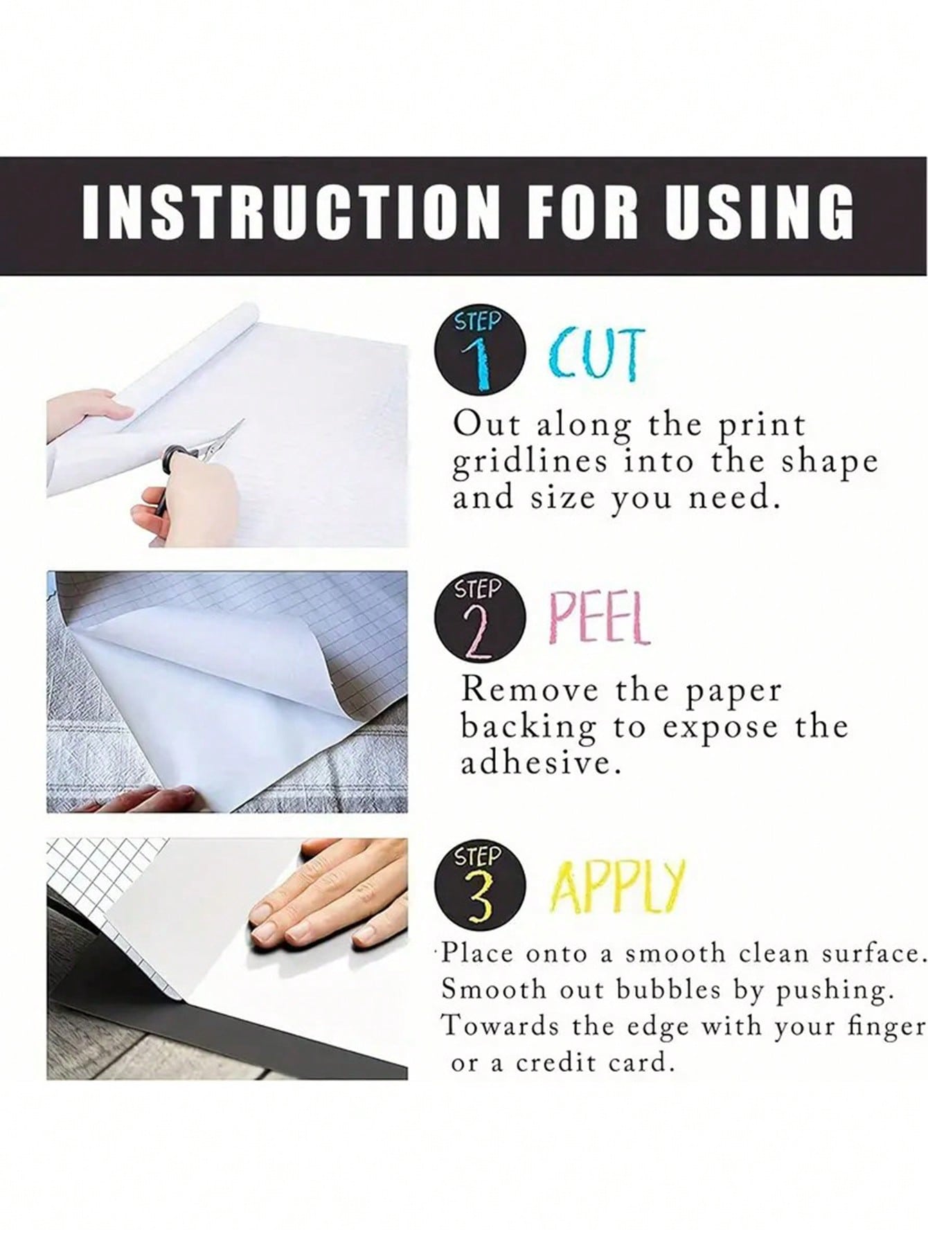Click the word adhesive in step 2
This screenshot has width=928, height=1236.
click(x=539, y=763)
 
